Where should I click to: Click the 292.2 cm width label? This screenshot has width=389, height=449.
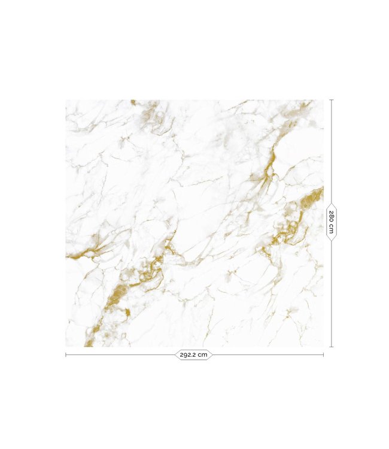pyautogui.click(x=194, y=355)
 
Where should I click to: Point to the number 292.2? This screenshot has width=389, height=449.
pyautogui.click(x=188, y=355)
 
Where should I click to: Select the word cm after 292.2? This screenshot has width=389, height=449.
pyautogui.click(x=203, y=355)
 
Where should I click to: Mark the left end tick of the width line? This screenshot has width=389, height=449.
pyautogui.click(x=66, y=355)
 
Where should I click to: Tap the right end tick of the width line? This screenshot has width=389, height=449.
pyautogui.click(x=323, y=355)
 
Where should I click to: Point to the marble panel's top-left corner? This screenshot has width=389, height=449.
pyautogui.click(x=66, y=100)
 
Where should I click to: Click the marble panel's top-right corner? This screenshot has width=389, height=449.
pyautogui.click(x=323, y=100)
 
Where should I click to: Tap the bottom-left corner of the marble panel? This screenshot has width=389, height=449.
pyautogui.click(x=66, y=347)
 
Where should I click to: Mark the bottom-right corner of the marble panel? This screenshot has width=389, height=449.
pyautogui.click(x=323, y=347)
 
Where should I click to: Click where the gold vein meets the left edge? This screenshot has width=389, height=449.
pyautogui.click(x=68, y=257)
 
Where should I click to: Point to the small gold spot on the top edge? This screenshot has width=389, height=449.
pyautogui.click(x=133, y=102)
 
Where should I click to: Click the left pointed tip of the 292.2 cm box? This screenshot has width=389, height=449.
pyautogui.click(x=175, y=355)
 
